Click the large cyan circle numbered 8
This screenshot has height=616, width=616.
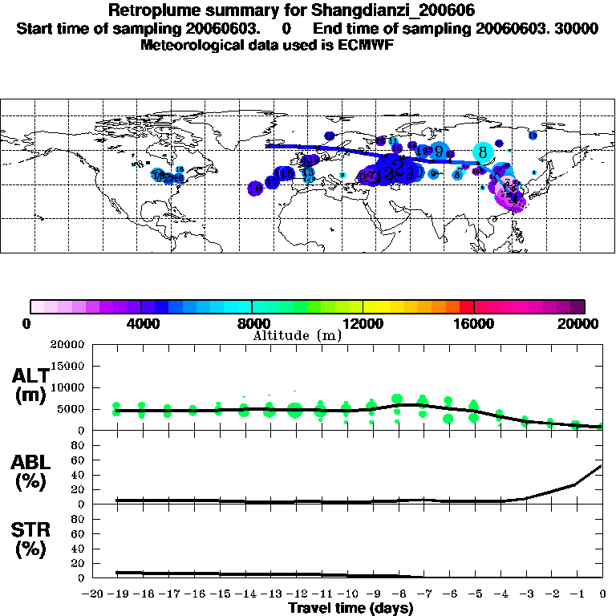point(483,151)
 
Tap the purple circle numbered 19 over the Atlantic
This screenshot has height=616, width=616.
point(256,188)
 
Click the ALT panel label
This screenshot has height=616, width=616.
point(31,386)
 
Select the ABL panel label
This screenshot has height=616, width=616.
point(31,473)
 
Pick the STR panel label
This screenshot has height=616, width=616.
point(31,540)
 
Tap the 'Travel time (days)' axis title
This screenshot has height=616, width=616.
point(351,608)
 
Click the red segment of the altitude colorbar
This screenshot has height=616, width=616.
point(466,306)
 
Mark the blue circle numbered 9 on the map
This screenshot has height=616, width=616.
point(439,149)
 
